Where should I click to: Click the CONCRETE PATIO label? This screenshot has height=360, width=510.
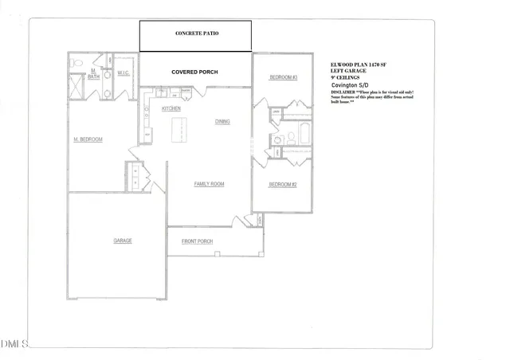(x=196, y=34)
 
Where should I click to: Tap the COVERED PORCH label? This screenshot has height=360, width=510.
(x=194, y=72)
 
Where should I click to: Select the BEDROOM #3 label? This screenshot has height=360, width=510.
(x=283, y=77)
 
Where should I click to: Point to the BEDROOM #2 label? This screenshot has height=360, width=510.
(x=283, y=185)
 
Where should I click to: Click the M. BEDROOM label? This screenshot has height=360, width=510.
(x=88, y=139)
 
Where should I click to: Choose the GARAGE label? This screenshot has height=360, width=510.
(x=122, y=241)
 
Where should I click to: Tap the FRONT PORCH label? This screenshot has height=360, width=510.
(x=197, y=241)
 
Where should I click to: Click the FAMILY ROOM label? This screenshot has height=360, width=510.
(x=210, y=184)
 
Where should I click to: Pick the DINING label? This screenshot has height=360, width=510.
(x=223, y=122)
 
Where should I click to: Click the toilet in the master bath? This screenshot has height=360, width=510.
(x=73, y=61)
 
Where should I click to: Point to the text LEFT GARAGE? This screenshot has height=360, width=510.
(x=348, y=72)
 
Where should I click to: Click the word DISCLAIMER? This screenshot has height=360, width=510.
(x=346, y=92)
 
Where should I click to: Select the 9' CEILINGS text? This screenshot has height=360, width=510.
(x=346, y=78)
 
